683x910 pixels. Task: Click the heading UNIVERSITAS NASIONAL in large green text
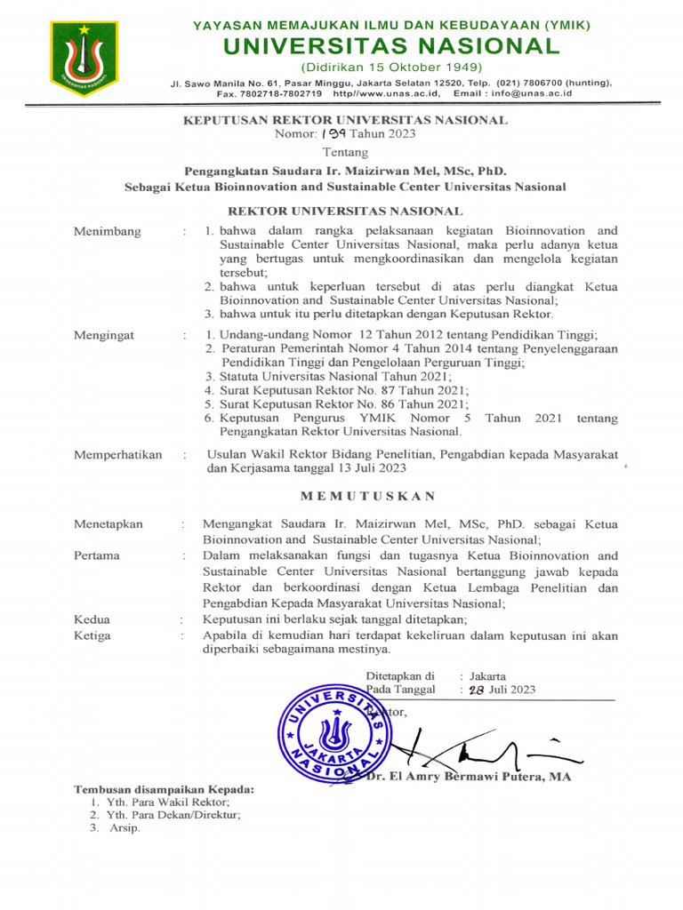tap(391, 45)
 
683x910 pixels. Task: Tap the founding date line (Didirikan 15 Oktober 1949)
tap(391, 68)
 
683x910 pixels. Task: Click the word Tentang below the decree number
tap(344, 153)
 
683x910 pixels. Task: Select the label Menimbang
tap(107, 232)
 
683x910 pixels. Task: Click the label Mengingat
tap(105, 335)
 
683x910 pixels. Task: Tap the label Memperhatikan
tap(117, 454)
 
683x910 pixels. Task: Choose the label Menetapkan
tap(108, 524)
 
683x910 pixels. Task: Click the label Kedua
tap(92, 619)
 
